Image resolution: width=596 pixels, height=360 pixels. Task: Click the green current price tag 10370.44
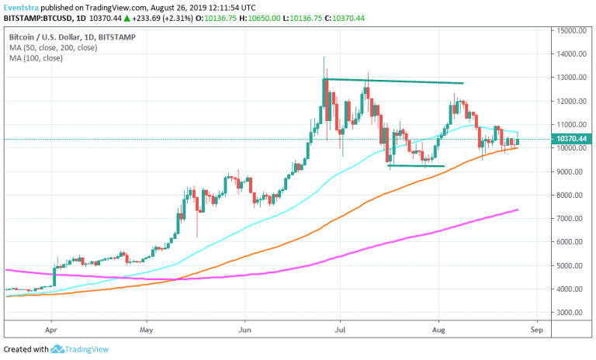click(572, 139)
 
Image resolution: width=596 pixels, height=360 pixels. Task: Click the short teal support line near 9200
click(416, 165)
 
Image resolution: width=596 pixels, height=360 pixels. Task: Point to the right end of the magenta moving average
click(517, 209)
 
